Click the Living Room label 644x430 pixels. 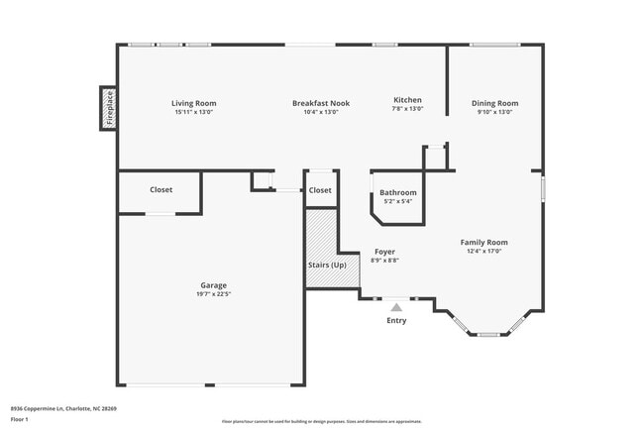pyautogui.click(x=193, y=103)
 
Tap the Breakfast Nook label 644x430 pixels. pyautogui.click(x=320, y=103)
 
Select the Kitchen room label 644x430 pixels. pyautogui.click(x=408, y=100)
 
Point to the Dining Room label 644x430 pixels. pyautogui.click(x=494, y=103)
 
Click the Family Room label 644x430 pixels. pyautogui.click(x=483, y=242)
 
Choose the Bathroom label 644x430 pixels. pyautogui.click(x=398, y=192)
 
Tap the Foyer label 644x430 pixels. pyautogui.click(x=384, y=252)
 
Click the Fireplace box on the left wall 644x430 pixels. pyautogui.click(x=109, y=108)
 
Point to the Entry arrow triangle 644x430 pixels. pyautogui.click(x=396, y=307)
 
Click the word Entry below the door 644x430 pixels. pyautogui.click(x=396, y=320)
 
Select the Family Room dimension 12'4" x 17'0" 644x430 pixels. pyautogui.click(x=483, y=252)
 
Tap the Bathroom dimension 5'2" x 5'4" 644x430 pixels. pyautogui.click(x=398, y=201)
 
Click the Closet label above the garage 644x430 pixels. pyautogui.click(x=161, y=189)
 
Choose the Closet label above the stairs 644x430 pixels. pyautogui.click(x=320, y=190)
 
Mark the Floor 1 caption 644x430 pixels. pyautogui.click(x=20, y=419)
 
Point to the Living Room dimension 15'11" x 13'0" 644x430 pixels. pyautogui.click(x=193, y=112)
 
